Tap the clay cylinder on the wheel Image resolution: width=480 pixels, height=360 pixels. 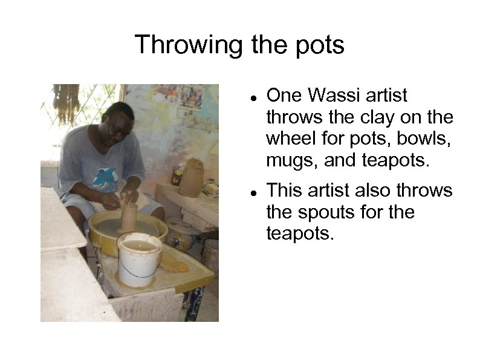(x=129, y=217)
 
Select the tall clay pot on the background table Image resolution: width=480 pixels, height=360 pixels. (x=192, y=178)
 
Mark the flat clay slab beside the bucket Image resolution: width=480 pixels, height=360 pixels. (x=174, y=261)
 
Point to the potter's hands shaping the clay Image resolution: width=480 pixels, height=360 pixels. (x=123, y=198)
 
